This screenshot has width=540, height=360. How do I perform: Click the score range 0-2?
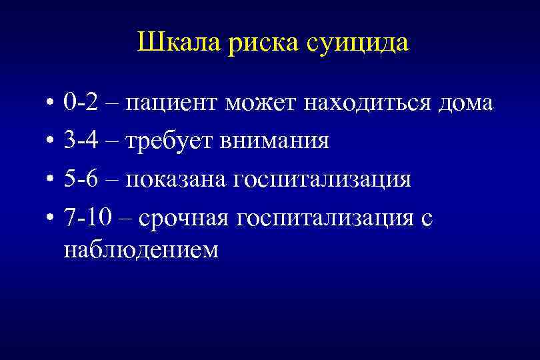coord(81,103)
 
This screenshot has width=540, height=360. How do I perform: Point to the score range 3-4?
coord(81,141)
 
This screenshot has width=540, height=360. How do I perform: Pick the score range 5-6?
coord(81,180)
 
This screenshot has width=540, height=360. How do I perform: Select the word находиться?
coord(369,103)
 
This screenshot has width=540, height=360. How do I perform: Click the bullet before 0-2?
coord(51,104)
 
